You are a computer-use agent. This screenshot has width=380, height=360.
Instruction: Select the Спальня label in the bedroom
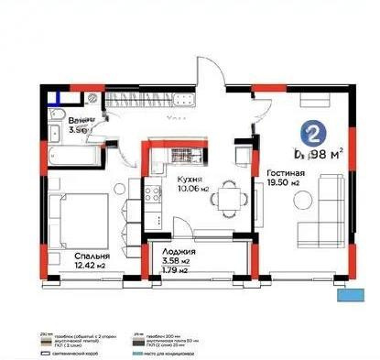point(69,256)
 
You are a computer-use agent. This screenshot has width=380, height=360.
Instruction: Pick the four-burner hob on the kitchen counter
point(147,191)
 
